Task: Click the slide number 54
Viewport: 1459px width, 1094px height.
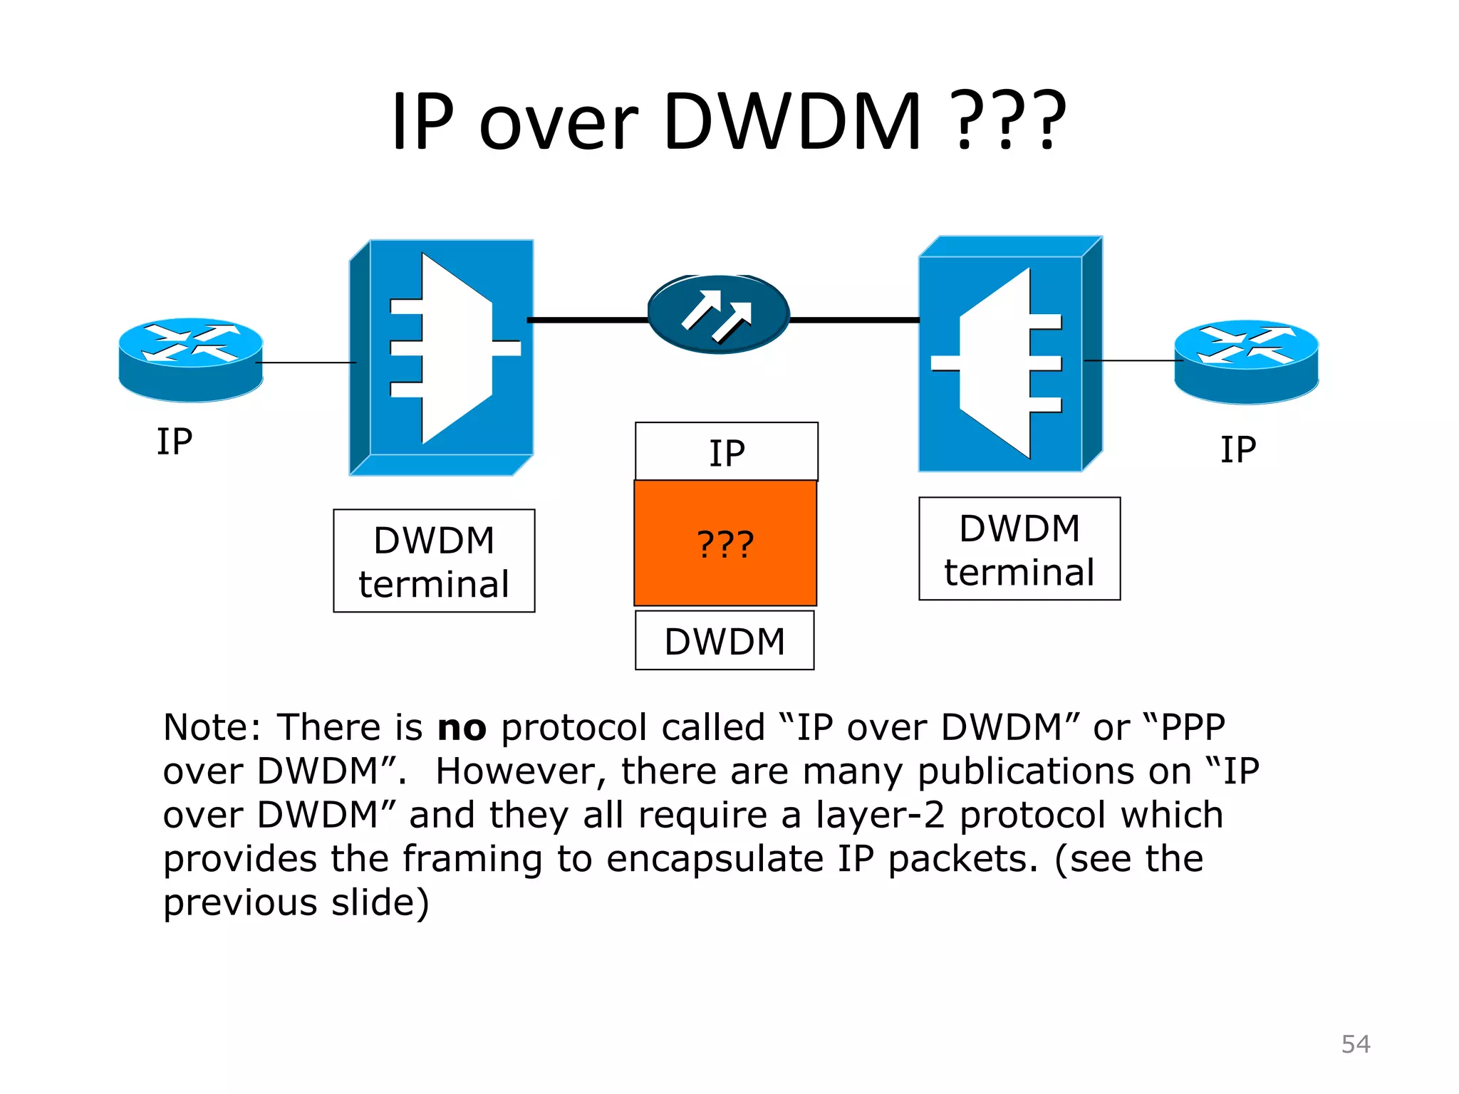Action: [x=1355, y=1044]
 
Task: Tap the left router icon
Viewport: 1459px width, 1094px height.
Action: [x=191, y=359]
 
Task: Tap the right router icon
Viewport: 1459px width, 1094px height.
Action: [x=1246, y=361]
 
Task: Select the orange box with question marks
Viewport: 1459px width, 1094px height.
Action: [x=725, y=543]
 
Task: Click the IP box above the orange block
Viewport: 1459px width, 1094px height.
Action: [x=726, y=452]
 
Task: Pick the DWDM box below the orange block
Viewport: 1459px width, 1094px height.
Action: [x=725, y=640]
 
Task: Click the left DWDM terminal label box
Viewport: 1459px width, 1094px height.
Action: [x=434, y=561]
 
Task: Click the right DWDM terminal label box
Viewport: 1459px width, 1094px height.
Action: [x=1019, y=549]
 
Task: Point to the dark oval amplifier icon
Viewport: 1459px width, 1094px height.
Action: [x=718, y=314]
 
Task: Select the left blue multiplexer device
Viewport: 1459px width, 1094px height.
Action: [x=442, y=356]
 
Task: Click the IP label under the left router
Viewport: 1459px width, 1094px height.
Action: [x=175, y=442]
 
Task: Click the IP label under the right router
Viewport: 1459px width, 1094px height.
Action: [x=1238, y=450]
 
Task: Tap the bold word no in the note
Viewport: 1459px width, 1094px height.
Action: [x=462, y=728]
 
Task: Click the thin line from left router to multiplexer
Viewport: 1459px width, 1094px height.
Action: [x=306, y=363]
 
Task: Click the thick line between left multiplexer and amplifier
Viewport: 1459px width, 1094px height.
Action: [x=587, y=321]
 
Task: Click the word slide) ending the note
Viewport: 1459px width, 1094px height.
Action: [x=380, y=903]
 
